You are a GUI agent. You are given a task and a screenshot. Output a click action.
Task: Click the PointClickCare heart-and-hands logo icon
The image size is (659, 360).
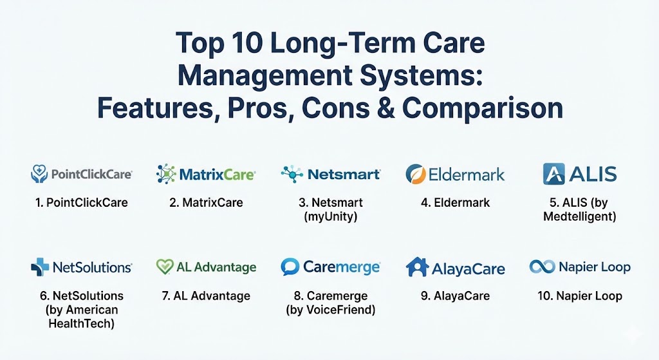click(x=39, y=174)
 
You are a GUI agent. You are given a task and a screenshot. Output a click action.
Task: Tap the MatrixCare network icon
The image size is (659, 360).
click(x=165, y=174)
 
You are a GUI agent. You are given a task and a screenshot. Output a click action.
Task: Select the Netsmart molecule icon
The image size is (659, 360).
click(x=292, y=174)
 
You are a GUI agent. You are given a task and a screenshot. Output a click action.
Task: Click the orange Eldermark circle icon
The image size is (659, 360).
click(x=416, y=174)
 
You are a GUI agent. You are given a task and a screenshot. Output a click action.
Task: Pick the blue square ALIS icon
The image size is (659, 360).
click(x=553, y=174)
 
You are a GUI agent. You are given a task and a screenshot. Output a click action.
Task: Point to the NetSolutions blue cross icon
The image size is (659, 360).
click(x=40, y=267)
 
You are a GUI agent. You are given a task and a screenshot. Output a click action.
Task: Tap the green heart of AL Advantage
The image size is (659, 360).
click(x=164, y=267)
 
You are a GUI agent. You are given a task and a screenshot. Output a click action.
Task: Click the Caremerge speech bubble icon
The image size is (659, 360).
click(x=290, y=267)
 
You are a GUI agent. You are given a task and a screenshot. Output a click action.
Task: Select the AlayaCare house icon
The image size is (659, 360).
click(x=417, y=267)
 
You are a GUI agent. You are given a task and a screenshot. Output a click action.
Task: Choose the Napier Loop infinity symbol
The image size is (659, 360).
click(x=542, y=267)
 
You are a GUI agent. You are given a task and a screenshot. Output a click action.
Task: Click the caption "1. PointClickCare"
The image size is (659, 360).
click(x=82, y=203)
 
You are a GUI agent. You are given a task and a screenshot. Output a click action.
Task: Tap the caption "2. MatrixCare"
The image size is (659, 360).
click(x=206, y=203)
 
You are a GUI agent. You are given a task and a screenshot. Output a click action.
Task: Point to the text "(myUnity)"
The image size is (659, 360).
click(x=330, y=216)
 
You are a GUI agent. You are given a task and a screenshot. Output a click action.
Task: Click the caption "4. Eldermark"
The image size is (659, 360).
click(x=455, y=203)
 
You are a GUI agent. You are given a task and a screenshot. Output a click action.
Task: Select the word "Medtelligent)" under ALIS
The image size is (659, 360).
click(x=580, y=216)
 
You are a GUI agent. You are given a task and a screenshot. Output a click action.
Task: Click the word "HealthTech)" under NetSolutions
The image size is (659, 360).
click(x=82, y=323)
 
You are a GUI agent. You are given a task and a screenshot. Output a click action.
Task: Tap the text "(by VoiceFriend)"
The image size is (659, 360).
click(x=330, y=310)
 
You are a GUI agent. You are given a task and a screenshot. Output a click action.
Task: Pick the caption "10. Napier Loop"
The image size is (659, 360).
click(x=580, y=296)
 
